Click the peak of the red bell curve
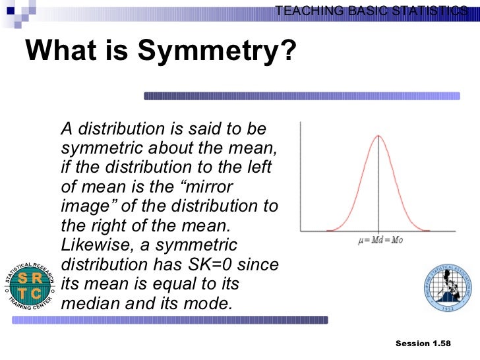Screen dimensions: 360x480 pos(378,136)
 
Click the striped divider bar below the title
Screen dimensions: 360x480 pos(302,96)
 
